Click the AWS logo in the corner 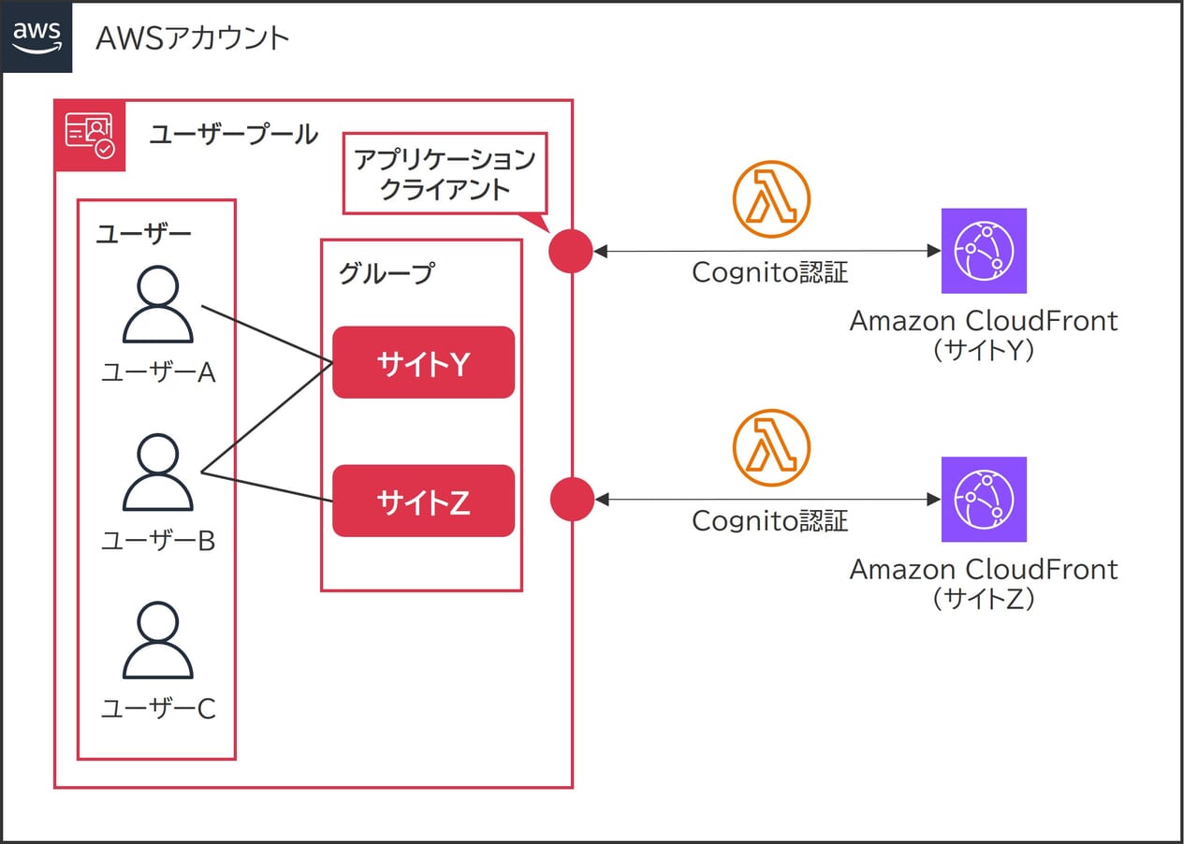pyautogui.click(x=37, y=36)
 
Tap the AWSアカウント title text pyautogui.click(x=193, y=38)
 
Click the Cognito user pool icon pyautogui.click(x=90, y=136)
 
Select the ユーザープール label pyautogui.click(x=234, y=134)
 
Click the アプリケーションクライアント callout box pyautogui.click(x=445, y=173)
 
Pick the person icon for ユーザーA pyautogui.click(x=158, y=304)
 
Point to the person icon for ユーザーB pyautogui.click(x=158, y=473)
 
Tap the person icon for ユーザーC pyautogui.click(x=158, y=640)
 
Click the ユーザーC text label pyautogui.click(x=159, y=708)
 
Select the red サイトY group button pyautogui.click(x=424, y=362)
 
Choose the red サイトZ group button pyautogui.click(x=424, y=501)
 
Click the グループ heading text pyautogui.click(x=387, y=273)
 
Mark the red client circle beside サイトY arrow pyautogui.click(x=571, y=251)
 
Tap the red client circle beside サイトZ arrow pyautogui.click(x=572, y=500)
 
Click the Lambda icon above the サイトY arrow pyautogui.click(x=771, y=199)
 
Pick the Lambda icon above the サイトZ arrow pyautogui.click(x=771, y=447)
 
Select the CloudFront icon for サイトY pyautogui.click(x=984, y=251)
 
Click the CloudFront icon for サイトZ pyautogui.click(x=984, y=500)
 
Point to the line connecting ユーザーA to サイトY pyautogui.click(x=267, y=334)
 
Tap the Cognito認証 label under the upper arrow pyautogui.click(x=770, y=272)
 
